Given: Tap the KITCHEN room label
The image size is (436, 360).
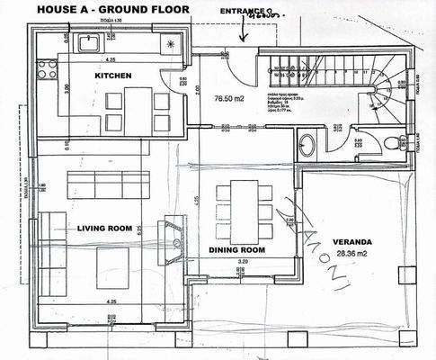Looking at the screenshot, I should point(113,76).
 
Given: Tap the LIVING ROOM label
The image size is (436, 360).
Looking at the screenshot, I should point(103,228).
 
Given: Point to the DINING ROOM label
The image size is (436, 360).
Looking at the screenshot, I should point(236,248).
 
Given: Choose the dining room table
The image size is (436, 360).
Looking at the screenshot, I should point(244,205).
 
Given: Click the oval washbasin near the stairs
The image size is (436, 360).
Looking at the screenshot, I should point(307,144).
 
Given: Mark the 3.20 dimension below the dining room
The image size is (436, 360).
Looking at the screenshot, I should point(242,261).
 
